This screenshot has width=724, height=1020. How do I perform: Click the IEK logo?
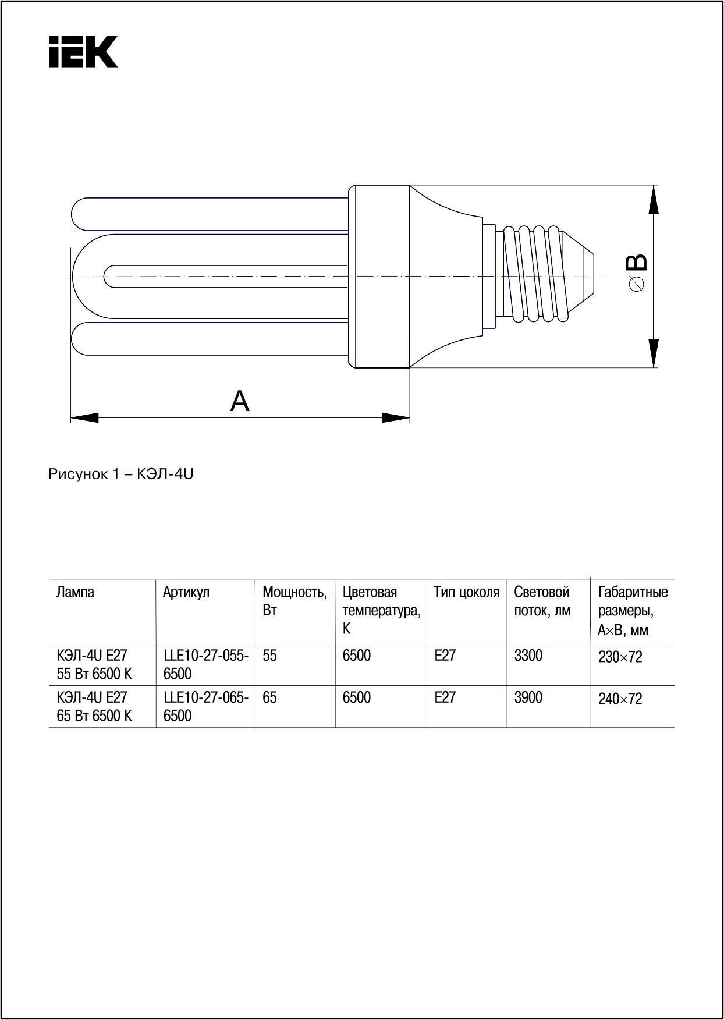(83, 51)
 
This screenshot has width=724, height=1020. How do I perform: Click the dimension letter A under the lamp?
(240, 401)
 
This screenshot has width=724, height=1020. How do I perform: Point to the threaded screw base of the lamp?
(535, 274)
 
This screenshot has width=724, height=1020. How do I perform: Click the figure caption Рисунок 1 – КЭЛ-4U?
(120, 474)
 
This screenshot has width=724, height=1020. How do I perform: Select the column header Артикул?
(186, 593)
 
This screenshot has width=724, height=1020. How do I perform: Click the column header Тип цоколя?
(466, 593)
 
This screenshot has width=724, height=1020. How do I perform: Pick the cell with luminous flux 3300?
(528, 656)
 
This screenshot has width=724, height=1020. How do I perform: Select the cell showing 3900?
(528, 697)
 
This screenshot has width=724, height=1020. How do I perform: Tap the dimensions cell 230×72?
(620, 657)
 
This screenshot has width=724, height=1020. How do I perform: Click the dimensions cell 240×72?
(620, 699)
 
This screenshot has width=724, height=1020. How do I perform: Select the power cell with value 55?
(270, 656)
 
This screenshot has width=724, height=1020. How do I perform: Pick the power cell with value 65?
(270, 697)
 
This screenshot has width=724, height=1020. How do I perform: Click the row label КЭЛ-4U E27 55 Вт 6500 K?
(94, 664)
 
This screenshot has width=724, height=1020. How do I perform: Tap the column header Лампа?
(75, 593)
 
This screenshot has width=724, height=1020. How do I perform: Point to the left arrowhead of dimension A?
(84, 417)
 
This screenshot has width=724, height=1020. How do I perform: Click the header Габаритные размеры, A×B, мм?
(633, 611)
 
